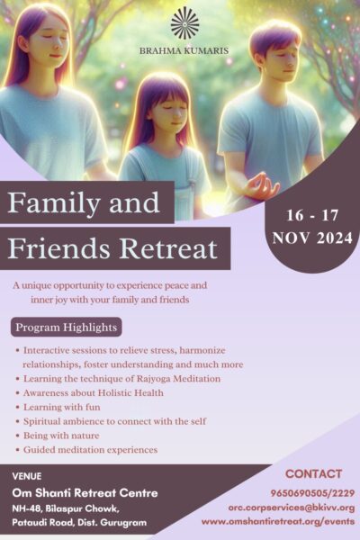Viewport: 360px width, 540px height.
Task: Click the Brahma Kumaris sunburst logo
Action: [185, 22]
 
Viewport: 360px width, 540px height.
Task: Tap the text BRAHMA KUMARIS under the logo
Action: [184, 51]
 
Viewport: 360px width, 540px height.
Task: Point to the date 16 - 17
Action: [312, 216]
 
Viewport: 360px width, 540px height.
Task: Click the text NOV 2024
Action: [312, 238]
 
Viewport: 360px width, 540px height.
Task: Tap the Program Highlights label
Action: [67, 328]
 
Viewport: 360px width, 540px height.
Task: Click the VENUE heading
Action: [27, 476]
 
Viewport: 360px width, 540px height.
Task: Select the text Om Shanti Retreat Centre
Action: [85, 493]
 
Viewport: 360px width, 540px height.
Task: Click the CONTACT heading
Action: [313, 474]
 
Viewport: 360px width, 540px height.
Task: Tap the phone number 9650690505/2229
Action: [313, 493]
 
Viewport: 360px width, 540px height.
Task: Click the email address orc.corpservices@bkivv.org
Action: [292, 508]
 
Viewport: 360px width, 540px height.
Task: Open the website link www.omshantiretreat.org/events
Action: [278, 521]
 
